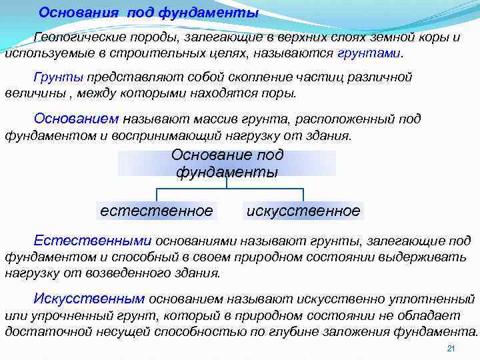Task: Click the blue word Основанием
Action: pos(76,118)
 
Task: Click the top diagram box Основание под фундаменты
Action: pos(227,163)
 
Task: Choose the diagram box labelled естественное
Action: pos(157,211)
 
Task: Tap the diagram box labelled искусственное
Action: pos(303,211)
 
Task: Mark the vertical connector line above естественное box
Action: pos(157,194)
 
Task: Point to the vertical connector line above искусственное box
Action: pos(303,194)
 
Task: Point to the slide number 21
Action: pos(450,349)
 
